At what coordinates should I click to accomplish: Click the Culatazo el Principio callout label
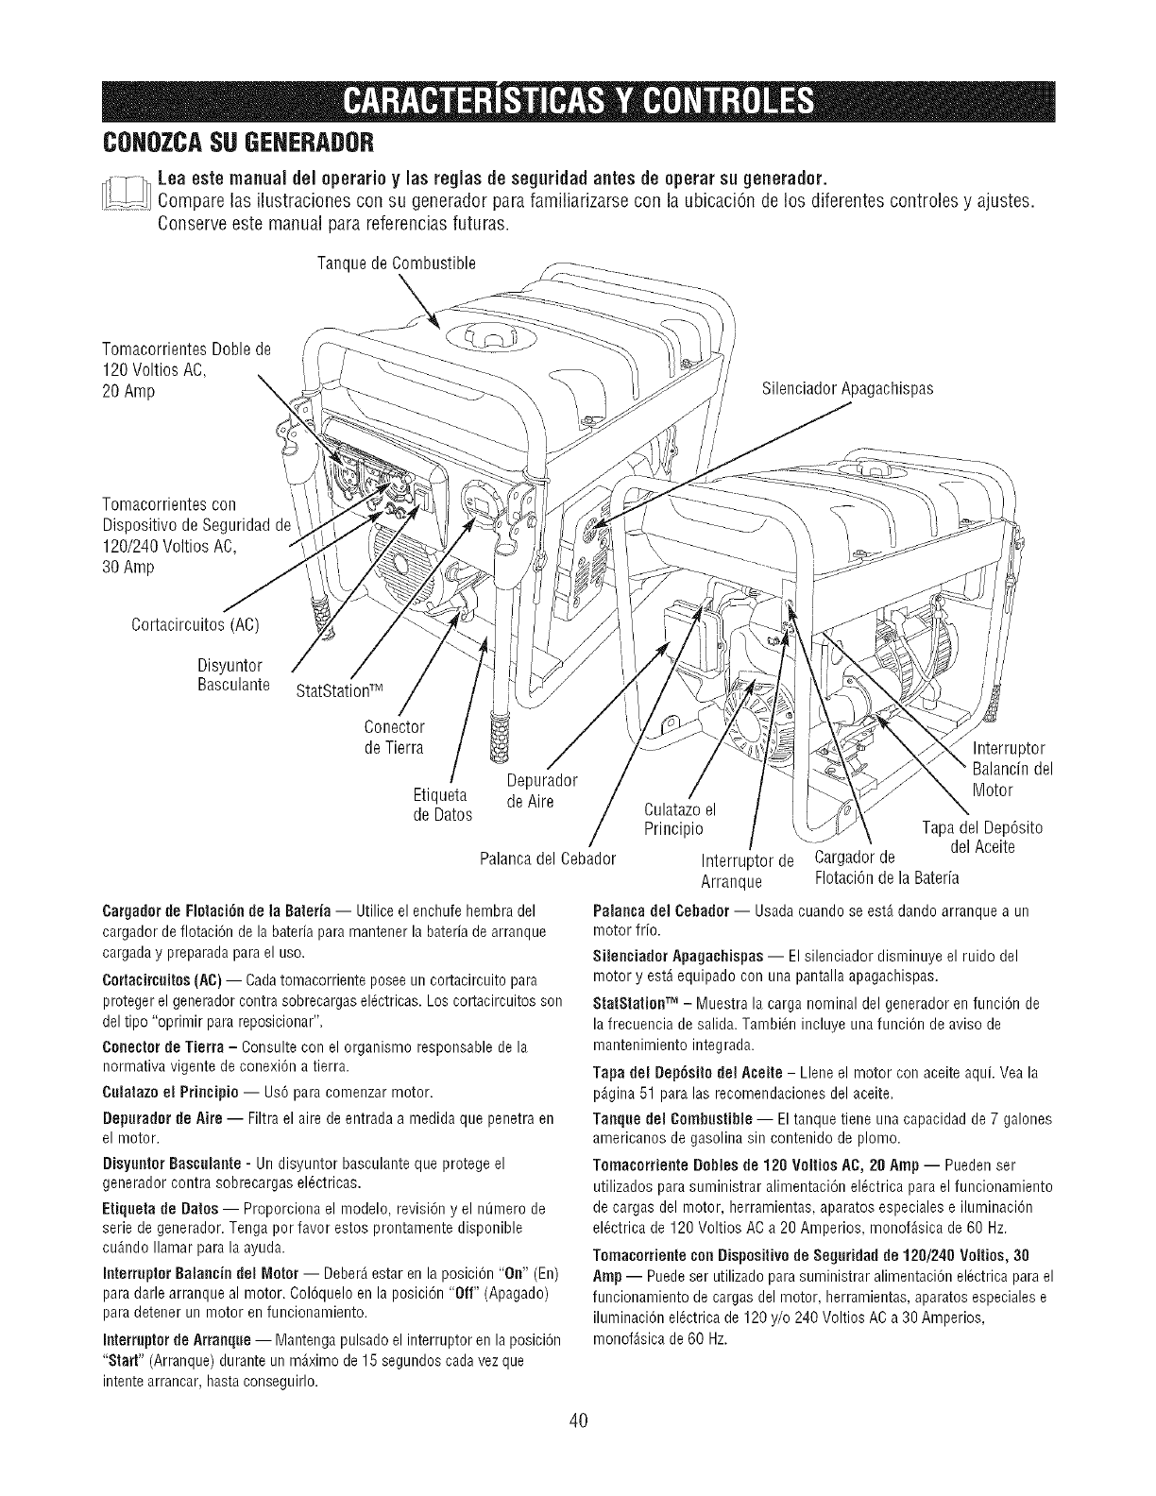coord(679,819)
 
